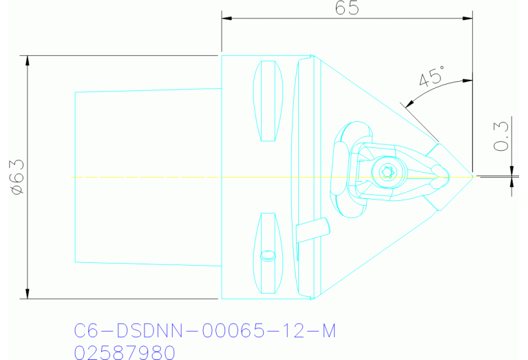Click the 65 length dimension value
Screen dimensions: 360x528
pos(348,8)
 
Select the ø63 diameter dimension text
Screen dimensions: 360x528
pos(16,177)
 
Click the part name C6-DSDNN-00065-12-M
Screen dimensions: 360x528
pos(204,331)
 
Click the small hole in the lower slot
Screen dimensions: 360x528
pos(268,255)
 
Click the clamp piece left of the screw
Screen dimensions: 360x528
pos(339,169)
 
